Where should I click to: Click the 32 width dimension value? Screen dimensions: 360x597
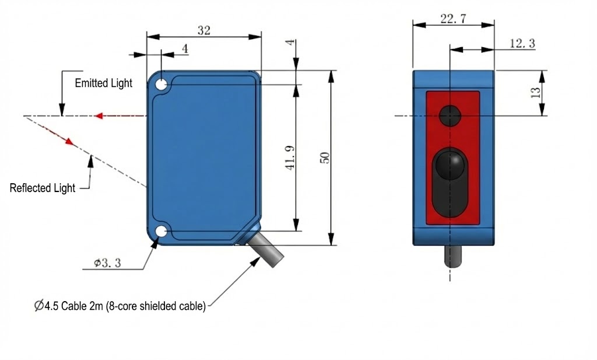[x=203, y=31]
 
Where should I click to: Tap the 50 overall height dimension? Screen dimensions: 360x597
[x=326, y=158]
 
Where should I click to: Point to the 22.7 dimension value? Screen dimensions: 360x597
[x=453, y=19]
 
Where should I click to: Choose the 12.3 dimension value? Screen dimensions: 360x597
[x=522, y=44]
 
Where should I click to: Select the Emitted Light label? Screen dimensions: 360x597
[x=103, y=83]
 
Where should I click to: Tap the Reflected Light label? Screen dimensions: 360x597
[x=43, y=188]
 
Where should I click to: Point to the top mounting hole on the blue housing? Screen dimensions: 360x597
[x=161, y=85]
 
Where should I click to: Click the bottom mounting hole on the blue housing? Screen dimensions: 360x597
[x=161, y=232]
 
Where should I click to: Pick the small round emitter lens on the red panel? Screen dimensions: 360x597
[x=450, y=116]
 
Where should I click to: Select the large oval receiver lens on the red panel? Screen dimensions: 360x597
[x=450, y=181]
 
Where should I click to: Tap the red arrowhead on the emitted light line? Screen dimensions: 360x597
[x=100, y=116]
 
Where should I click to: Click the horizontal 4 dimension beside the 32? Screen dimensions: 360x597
[x=185, y=49]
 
